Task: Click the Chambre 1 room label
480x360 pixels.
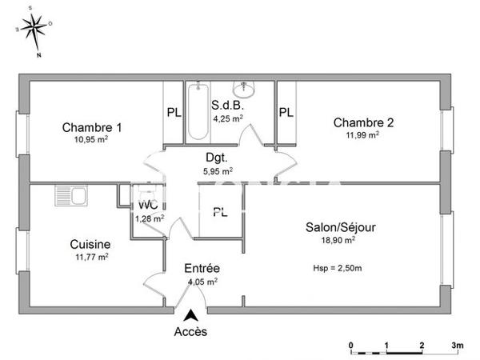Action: pos(92,126)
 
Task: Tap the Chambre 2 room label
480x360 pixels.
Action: pos(363,122)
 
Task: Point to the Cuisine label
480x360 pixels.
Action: pos(90,245)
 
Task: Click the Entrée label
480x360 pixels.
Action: pos(202,268)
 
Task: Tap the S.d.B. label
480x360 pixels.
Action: pos(228,106)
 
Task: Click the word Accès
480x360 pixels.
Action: pos(190,332)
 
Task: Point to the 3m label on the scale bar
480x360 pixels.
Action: pos(457,345)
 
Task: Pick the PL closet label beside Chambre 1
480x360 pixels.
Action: pos(174,113)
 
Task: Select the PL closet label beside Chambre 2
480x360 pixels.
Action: pos(286,113)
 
